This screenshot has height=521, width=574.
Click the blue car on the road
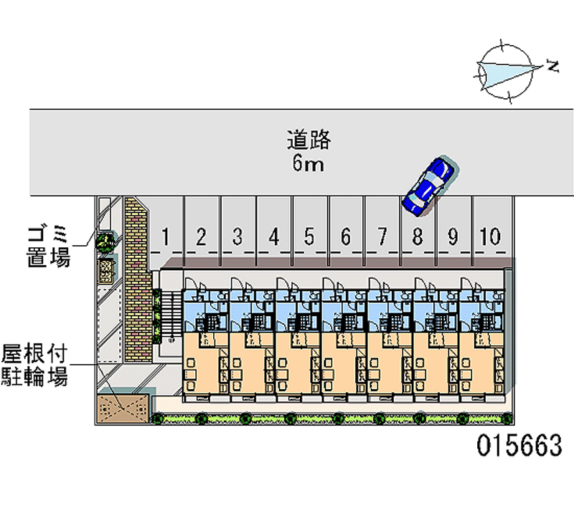pyautogui.click(x=428, y=186)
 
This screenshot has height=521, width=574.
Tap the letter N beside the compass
pyautogui.click(x=552, y=67)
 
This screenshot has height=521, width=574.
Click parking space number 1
pyautogui.click(x=166, y=236)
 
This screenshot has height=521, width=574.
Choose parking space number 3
pyautogui.click(x=237, y=236)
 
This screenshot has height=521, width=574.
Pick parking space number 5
pyautogui.click(x=309, y=236)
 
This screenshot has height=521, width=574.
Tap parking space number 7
pyautogui.click(x=382, y=236)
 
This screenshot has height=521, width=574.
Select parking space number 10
pyautogui.click(x=490, y=236)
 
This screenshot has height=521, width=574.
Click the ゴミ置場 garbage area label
pyautogui.click(x=49, y=245)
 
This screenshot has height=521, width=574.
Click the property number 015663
pyautogui.click(x=519, y=446)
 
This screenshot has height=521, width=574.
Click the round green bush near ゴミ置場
pyautogui.click(x=106, y=242)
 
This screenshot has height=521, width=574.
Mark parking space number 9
pyautogui.click(x=453, y=236)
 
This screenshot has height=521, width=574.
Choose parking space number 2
pyautogui.click(x=202, y=236)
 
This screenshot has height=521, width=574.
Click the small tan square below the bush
pyautogui.click(x=106, y=267)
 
